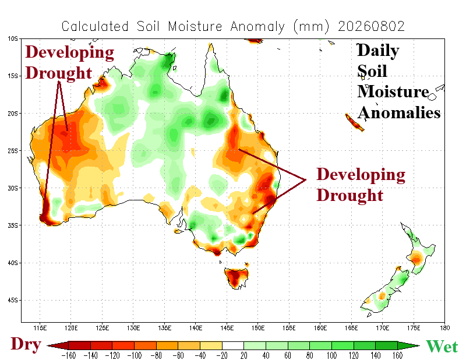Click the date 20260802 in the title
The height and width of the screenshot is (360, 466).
pos(371,26)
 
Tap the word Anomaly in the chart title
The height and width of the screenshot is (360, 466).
pos(257,27)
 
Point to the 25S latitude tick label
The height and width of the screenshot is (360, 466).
pos(13,151)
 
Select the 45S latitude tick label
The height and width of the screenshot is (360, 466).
pos(13,300)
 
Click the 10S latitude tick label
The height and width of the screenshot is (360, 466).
pos(13,38)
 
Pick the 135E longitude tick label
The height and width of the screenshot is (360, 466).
pos(164,328)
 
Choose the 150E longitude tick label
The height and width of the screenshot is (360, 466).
pos(257,328)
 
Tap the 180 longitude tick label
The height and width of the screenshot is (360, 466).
pos(444,328)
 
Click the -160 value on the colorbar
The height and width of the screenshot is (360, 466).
pos(68,355)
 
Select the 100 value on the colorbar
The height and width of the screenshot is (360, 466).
pos(331,355)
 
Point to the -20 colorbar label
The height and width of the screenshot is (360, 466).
pos(222,355)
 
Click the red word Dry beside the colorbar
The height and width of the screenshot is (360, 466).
pos(26,345)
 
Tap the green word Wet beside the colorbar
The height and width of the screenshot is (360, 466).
pos(442,347)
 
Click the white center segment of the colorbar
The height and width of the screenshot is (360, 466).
pos(233,345)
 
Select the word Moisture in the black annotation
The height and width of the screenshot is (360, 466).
pos(393,91)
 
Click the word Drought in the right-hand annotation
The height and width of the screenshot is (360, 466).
pos(350,195)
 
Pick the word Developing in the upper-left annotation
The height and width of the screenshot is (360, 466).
pos(69,52)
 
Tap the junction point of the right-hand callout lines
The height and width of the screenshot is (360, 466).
pos(306,179)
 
